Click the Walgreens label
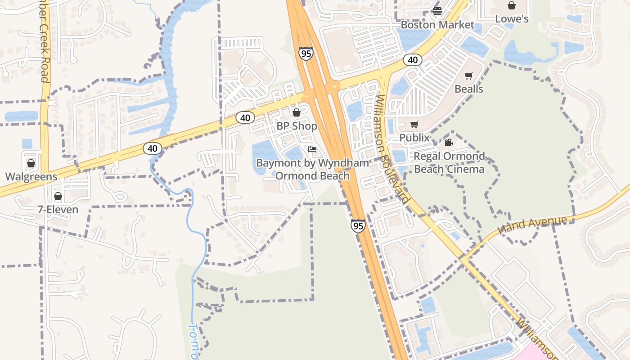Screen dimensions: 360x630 [31, 176]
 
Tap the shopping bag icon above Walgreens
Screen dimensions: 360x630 [31, 163]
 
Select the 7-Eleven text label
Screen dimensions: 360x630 [58, 210]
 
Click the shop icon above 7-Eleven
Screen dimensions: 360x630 [58, 196]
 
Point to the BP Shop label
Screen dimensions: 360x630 [297, 126]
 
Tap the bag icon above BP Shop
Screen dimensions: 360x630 [296, 112]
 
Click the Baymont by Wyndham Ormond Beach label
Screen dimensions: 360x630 [312, 169]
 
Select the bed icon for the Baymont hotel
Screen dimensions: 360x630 [312, 149]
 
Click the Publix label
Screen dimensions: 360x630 [414, 138]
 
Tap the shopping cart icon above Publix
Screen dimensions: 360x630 [414, 124]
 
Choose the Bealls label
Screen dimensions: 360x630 [469, 89]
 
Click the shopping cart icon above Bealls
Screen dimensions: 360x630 [469, 76]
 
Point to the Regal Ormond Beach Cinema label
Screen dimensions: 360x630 [449, 162]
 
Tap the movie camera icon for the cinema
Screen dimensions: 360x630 [449, 143]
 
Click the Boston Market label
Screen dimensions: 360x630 [437, 25]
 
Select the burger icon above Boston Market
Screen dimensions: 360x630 [437, 11]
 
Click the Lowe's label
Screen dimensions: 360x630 [512, 19]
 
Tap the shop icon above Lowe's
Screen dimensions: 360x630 [512, 5]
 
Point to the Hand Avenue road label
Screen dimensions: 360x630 [532, 225]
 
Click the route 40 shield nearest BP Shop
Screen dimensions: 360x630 [245, 118]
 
